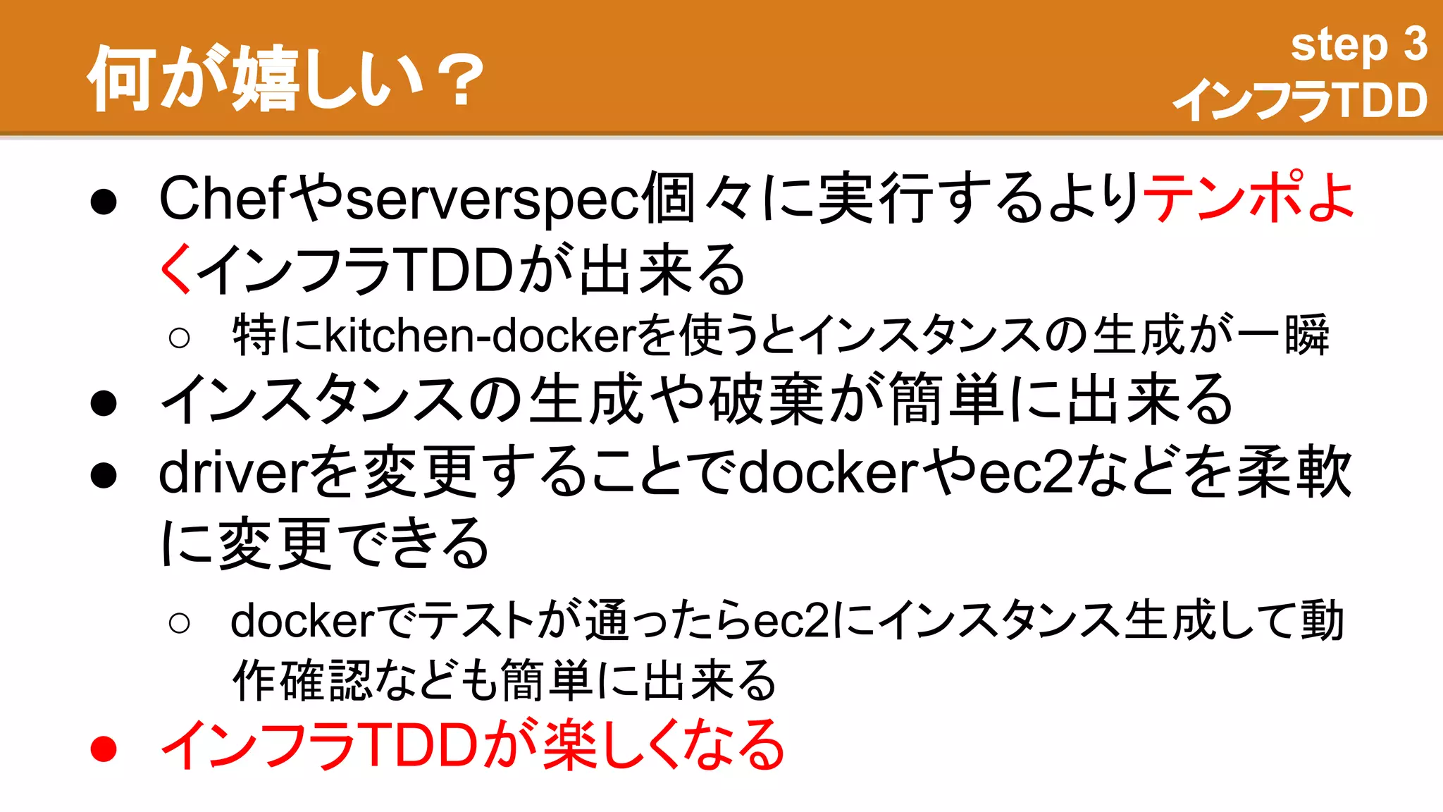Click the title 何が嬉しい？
click(285, 78)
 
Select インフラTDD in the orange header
click(1301, 99)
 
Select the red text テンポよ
click(1247, 197)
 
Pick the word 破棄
click(765, 400)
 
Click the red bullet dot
click(104, 749)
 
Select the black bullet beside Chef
click(104, 202)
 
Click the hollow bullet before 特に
click(180, 338)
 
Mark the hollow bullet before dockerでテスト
click(180, 622)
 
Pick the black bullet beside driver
click(104, 475)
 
